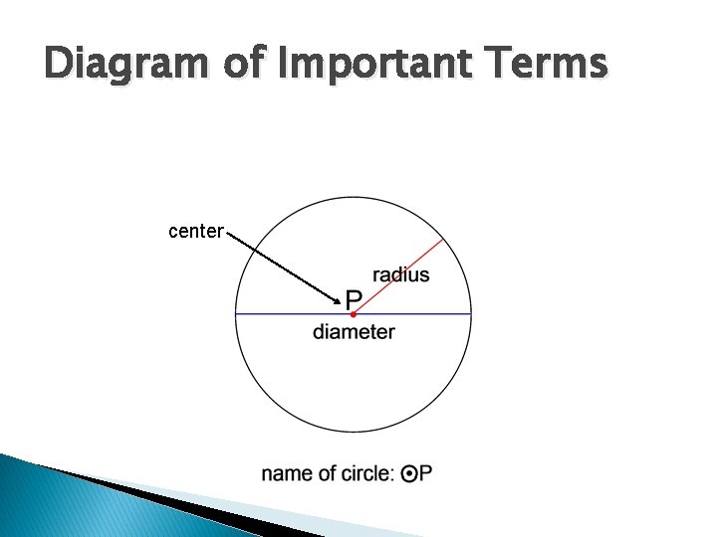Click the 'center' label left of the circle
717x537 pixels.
click(195, 232)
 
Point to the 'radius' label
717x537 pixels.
click(401, 275)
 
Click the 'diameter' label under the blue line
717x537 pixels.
click(354, 332)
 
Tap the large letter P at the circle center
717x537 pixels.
click(354, 298)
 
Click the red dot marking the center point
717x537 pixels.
click(353, 314)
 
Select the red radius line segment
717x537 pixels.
click(398, 276)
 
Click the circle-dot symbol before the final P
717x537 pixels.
click(410, 474)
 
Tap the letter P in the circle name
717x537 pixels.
click(425, 474)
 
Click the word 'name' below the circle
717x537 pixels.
click(285, 474)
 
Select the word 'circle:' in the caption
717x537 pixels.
click(363, 474)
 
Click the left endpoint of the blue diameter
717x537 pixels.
click(236, 314)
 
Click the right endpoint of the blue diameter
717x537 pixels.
click(470, 314)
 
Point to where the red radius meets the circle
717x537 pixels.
click(443, 240)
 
